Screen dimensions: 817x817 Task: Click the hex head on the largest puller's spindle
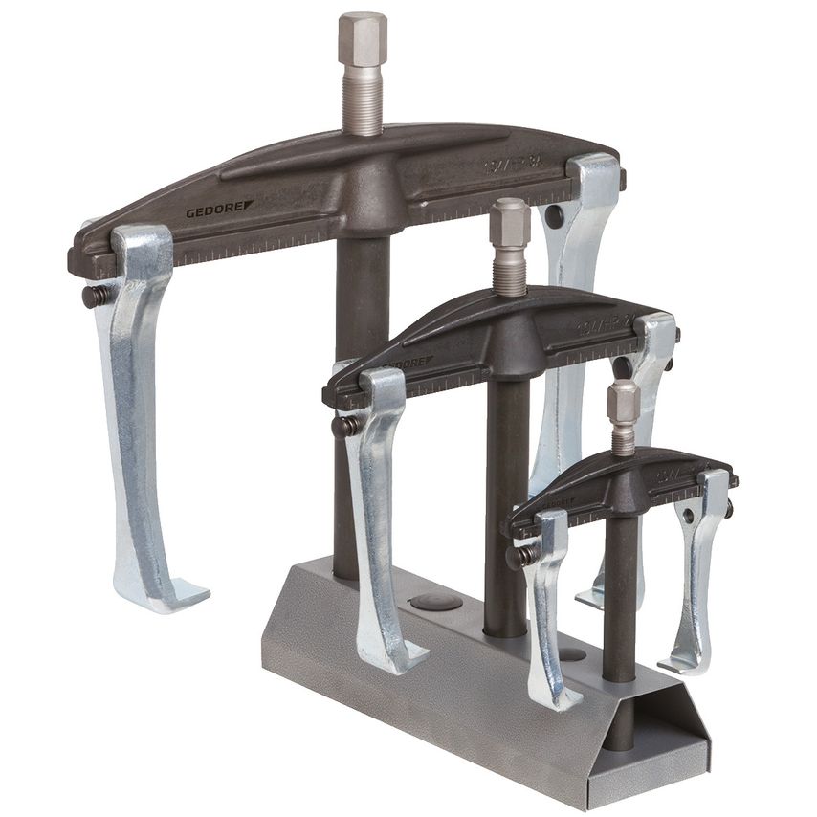click(363, 38)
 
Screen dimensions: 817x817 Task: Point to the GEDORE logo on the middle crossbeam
click(407, 364)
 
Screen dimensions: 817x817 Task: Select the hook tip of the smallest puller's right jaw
click(674, 662)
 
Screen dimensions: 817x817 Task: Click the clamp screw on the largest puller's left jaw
click(97, 296)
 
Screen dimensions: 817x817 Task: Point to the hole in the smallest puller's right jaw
click(691, 518)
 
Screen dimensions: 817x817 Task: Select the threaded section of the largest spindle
click(363, 101)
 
